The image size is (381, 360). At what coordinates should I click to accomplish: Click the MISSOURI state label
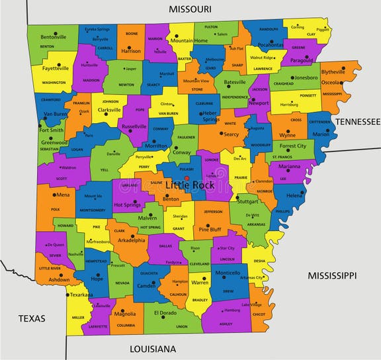190,9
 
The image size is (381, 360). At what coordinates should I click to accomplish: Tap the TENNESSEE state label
357,122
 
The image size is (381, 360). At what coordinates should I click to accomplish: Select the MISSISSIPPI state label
331,275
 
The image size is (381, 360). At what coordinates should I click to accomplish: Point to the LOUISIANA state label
152,349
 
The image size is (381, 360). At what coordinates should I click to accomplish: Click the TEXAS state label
32,318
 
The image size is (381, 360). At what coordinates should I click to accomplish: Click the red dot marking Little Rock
187,178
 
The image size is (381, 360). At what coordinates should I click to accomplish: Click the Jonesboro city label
306,77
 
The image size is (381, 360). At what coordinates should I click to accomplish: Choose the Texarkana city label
81,295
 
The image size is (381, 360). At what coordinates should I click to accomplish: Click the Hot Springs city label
128,205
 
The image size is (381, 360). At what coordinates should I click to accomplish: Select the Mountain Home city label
190,41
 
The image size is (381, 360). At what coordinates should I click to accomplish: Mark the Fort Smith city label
51,130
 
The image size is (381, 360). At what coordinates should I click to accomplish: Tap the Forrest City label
292,146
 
